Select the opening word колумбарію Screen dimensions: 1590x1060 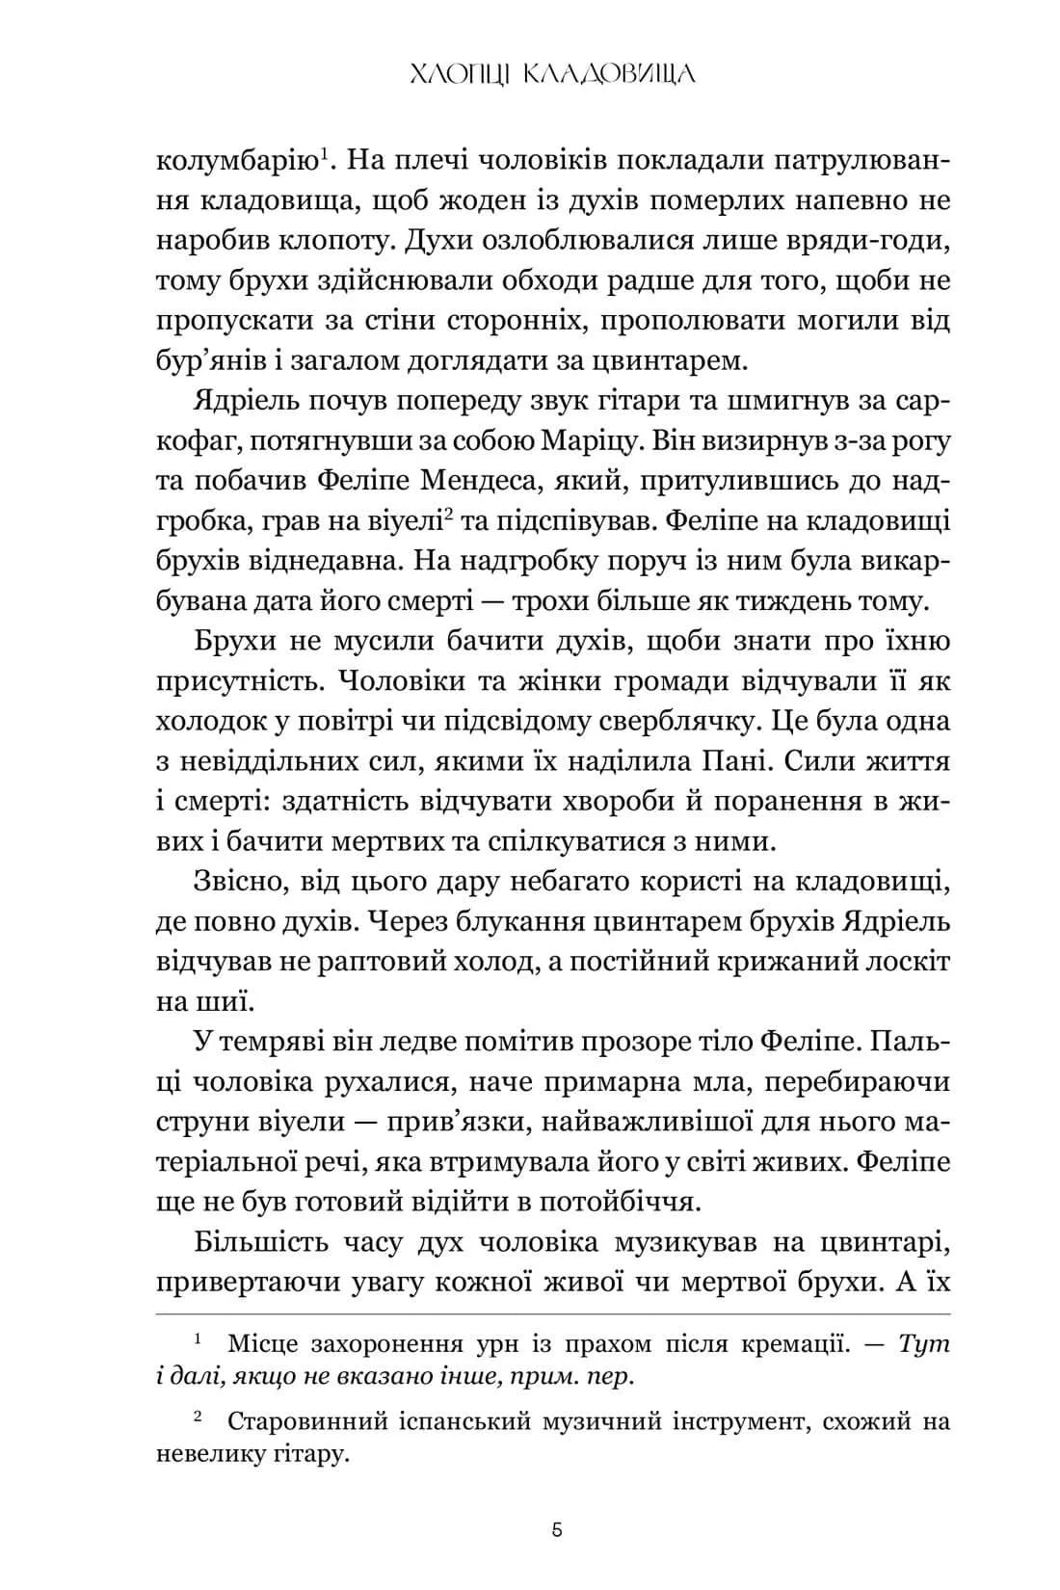tap(236, 160)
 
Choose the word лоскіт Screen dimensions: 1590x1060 tap(905, 962)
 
